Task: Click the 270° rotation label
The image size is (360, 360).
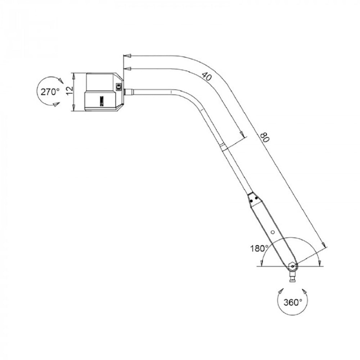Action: (x=50, y=91)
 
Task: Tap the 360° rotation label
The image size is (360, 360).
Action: (x=292, y=302)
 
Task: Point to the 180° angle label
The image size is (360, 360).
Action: (x=259, y=248)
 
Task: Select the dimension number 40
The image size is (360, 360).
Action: (x=206, y=76)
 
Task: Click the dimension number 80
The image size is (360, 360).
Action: (x=264, y=138)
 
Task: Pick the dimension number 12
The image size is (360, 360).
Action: (x=69, y=91)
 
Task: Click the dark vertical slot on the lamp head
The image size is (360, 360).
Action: (x=102, y=100)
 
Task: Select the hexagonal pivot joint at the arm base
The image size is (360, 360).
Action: (x=293, y=266)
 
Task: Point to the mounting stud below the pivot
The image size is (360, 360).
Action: (x=293, y=278)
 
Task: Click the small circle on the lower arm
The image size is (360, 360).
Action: (x=273, y=232)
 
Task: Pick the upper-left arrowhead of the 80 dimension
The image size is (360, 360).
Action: (x=126, y=56)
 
